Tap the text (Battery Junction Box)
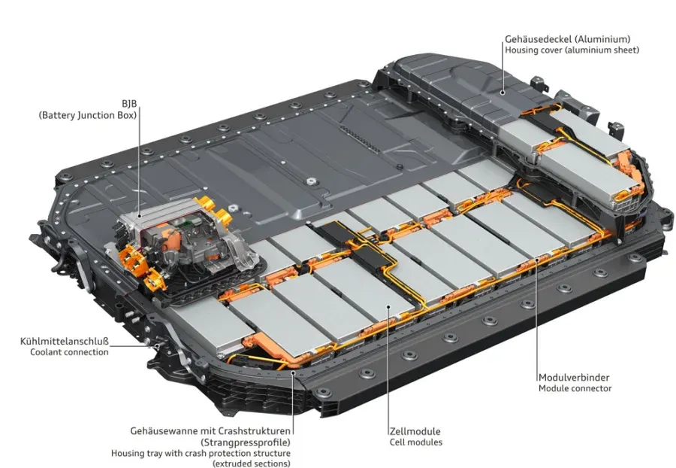tap(88, 115)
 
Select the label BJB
tap(129, 104)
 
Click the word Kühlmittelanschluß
tap(65, 341)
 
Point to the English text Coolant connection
tap(69, 352)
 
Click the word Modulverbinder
tap(574, 378)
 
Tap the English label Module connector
tap(575, 388)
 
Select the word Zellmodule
tap(415, 431)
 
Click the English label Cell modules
tap(416, 442)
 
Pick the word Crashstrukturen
tap(255, 431)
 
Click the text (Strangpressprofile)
tap(246, 442)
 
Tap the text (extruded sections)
tap(252, 463)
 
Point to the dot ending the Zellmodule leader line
tap(388, 306)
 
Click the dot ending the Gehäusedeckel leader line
tap(502, 92)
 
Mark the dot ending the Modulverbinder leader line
tap(537, 260)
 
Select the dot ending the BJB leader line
tap(139, 216)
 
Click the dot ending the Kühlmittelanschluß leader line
tap(158, 345)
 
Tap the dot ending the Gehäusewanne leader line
tap(293, 372)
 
